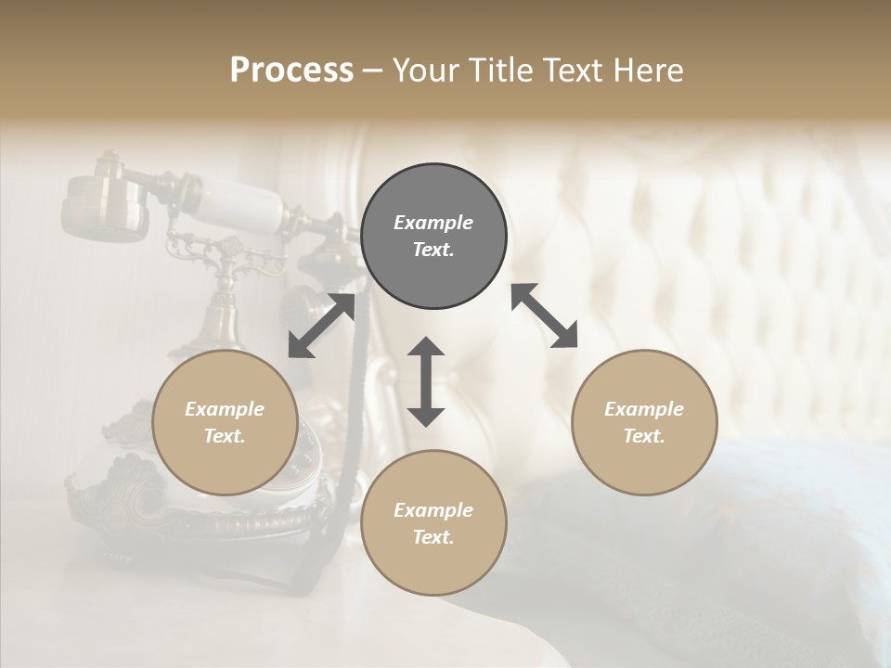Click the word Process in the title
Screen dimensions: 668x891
click(x=291, y=71)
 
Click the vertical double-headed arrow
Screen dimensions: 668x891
click(x=426, y=381)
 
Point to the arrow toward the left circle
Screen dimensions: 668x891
click(x=321, y=326)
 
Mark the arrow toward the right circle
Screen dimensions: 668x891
click(x=544, y=315)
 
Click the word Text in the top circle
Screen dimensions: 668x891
click(x=433, y=250)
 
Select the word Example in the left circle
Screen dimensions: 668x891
click(x=225, y=409)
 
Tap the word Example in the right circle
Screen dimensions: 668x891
click(x=644, y=409)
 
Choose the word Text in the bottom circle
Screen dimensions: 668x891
click(x=433, y=537)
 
